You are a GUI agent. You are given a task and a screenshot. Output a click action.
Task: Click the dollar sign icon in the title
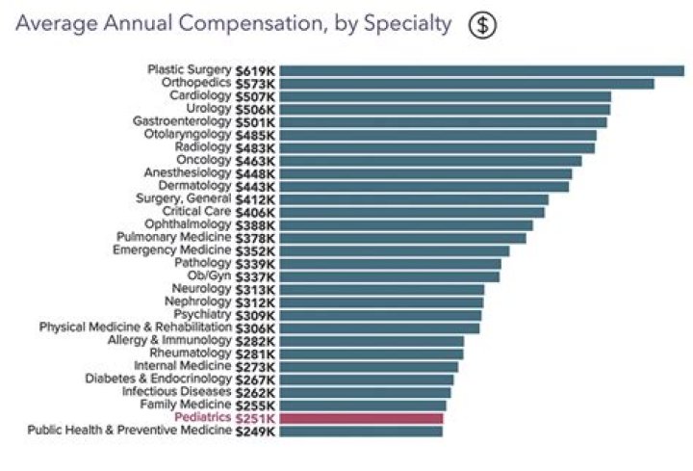[x=482, y=24]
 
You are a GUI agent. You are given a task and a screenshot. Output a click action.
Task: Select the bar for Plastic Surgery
[x=482, y=70]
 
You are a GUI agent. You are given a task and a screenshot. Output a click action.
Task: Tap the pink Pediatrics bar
[x=362, y=419]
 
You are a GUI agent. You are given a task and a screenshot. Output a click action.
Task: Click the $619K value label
[x=257, y=70]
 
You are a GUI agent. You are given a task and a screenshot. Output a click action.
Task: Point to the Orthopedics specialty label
[x=196, y=84]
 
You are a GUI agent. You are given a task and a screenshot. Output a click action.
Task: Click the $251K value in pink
[x=257, y=419]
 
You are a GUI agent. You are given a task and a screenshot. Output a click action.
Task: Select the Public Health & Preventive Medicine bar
[x=362, y=432]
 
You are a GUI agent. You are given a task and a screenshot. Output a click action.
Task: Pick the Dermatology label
[x=196, y=186]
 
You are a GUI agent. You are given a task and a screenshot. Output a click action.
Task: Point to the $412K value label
[x=257, y=199]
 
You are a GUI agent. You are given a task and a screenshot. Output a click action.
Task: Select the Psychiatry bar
[x=381, y=315]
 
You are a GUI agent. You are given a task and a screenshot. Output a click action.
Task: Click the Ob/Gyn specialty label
[x=210, y=276]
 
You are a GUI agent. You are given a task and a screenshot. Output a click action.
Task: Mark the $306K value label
[x=257, y=328]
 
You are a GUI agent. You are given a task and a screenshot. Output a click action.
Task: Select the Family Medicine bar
[x=364, y=406]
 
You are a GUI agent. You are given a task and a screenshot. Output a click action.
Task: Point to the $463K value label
[x=257, y=161]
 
